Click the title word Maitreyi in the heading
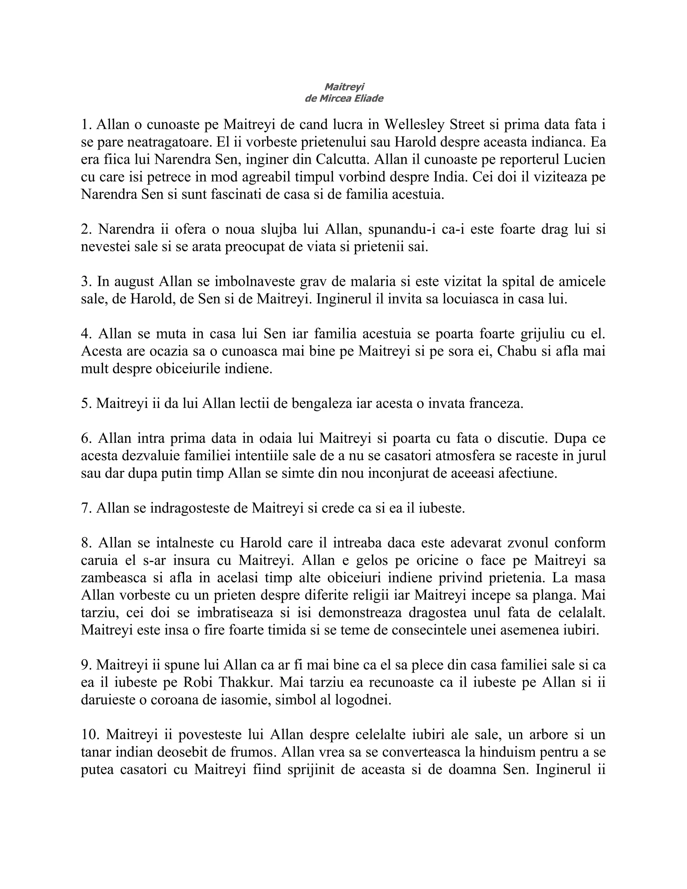[x=344, y=87]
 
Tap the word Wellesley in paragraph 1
[x=414, y=124]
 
